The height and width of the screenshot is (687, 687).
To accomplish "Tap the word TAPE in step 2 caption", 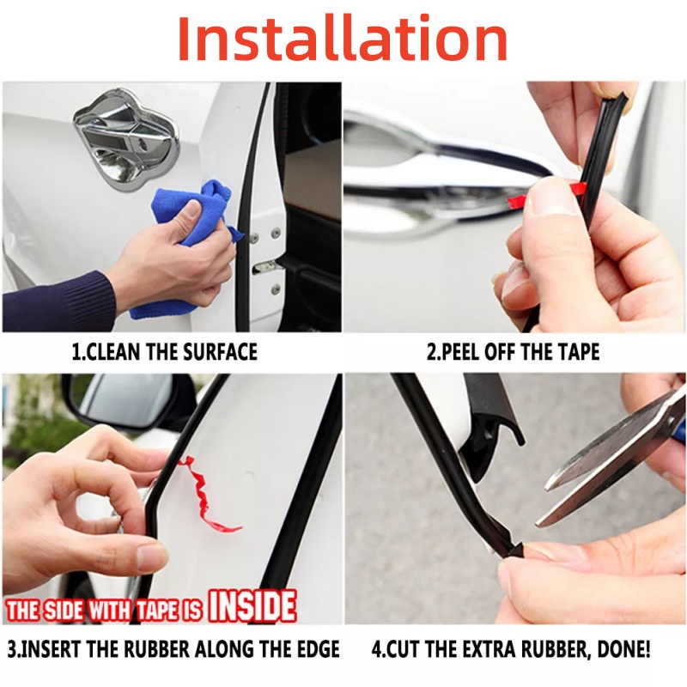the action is click(x=578, y=352).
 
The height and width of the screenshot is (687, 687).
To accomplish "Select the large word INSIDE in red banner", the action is click(x=252, y=606).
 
